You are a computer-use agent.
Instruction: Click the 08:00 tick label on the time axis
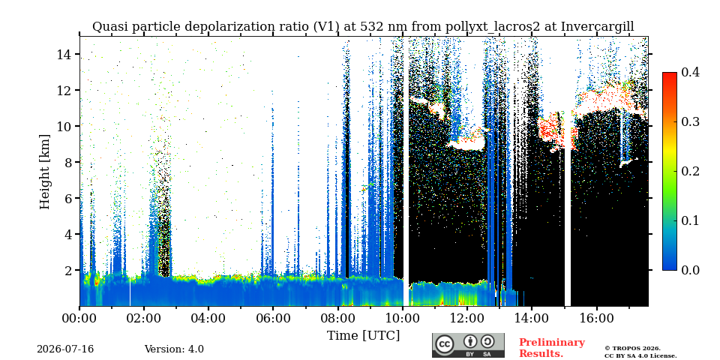(x=337, y=318)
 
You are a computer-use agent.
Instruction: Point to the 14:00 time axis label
(x=531, y=318)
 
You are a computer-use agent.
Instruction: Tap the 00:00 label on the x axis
(x=79, y=318)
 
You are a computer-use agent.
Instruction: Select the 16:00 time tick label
(x=596, y=318)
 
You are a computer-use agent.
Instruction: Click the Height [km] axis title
(x=44, y=172)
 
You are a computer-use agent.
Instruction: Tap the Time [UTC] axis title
(x=363, y=336)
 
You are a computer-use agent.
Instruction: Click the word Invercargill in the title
(x=598, y=27)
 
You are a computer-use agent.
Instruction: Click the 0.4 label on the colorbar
(x=690, y=72)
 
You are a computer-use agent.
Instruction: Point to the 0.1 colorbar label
(x=690, y=220)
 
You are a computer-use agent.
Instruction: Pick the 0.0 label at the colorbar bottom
(x=690, y=270)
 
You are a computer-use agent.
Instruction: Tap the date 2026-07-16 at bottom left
(x=65, y=349)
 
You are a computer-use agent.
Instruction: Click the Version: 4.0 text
(x=174, y=349)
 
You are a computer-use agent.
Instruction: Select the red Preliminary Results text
(x=551, y=347)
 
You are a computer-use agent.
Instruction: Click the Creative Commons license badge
(x=468, y=345)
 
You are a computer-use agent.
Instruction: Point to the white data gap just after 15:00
(x=568, y=208)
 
